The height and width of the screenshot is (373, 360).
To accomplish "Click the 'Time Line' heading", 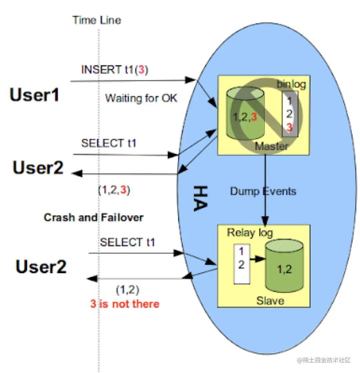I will (x=97, y=20).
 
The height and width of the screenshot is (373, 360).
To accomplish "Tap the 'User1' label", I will (x=35, y=95).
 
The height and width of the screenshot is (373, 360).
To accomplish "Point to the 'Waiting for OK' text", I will (x=141, y=98).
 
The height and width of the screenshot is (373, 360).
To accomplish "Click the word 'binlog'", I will (x=291, y=84).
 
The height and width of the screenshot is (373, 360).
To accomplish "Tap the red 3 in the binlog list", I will (x=289, y=127).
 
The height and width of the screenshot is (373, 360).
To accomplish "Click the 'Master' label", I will (x=272, y=146).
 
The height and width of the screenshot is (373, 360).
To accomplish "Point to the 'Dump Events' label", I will (x=263, y=191).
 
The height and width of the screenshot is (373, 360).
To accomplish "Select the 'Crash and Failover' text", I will (x=94, y=218).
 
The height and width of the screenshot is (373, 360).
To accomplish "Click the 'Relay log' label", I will (x=250, y=233).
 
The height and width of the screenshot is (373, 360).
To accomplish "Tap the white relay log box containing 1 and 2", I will (x=242, y=264).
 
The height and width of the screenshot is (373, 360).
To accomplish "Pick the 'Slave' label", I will (x=270, y=301).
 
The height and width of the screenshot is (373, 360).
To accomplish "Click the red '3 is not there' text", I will (x=125, y=304).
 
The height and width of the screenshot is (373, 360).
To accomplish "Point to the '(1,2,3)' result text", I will (x=114, y=190).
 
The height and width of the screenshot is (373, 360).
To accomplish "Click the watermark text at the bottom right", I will (x=324, y=360).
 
